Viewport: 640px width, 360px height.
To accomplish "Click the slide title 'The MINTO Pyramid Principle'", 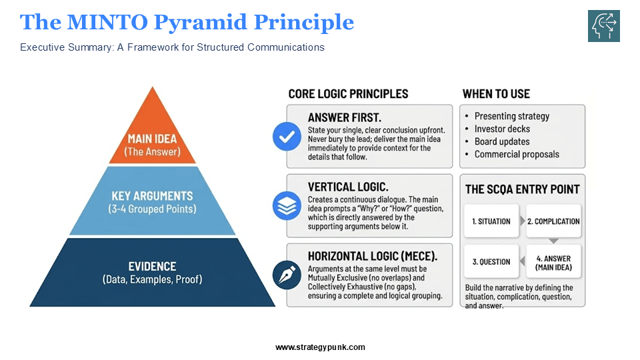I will tap(187, 23).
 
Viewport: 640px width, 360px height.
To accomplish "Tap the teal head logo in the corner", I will tap(603, 26).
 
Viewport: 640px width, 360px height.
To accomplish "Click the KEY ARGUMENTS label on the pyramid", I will tap(153, 196).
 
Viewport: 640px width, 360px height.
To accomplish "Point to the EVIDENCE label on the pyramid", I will tap(153, 267).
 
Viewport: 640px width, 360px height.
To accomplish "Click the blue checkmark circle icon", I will tap(287, 137).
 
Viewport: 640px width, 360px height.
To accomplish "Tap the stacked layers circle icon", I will tap(287, 206).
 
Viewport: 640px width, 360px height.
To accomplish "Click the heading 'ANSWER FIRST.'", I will tap(344, 117).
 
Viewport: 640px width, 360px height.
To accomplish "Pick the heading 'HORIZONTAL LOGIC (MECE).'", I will tap(372, 256).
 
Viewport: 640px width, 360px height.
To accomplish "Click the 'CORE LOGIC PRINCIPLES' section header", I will tap(348, 94).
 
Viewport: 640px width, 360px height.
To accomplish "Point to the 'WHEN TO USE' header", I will tap(496, 94).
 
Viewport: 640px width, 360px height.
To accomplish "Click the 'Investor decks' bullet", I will tap(501, 129).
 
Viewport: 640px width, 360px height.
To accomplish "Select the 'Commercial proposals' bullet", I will tap(517, 154).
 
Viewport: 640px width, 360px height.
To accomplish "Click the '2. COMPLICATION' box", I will tap(553, 221).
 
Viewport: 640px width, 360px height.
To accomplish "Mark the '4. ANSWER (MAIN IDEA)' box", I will tap(553, 262).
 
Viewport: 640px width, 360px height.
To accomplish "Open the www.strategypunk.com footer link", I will tap(320, 347).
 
